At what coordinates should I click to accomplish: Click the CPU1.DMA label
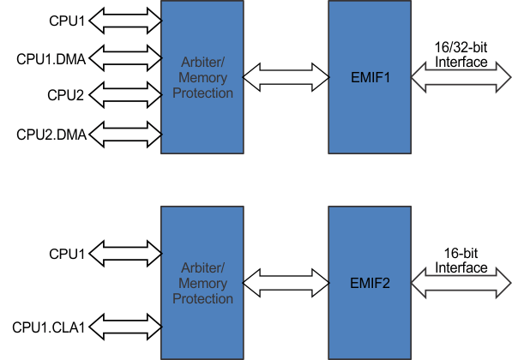coord(51,59)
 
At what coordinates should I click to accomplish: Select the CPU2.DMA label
coord(51,134)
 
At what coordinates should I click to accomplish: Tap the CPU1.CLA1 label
coord(50,327)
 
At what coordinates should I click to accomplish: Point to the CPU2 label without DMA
coord(66,95)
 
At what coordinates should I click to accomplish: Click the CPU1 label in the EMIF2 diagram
coord(66,254)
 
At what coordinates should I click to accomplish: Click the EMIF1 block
coord(370,77)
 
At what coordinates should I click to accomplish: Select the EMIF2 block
coord(370,281)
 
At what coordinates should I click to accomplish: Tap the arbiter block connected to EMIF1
coord(202,77)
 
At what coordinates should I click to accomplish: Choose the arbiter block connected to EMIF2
coord(202,281)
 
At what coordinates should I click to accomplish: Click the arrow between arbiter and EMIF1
coord(286,78)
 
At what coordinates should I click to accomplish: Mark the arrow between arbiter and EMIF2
coord(286,282)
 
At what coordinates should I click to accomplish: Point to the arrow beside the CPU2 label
coord(125,95)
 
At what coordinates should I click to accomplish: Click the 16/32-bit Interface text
coord(461,56)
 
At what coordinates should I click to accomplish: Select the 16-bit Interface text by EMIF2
coord(461,261)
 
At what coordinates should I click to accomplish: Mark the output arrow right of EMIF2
coord(461,282)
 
